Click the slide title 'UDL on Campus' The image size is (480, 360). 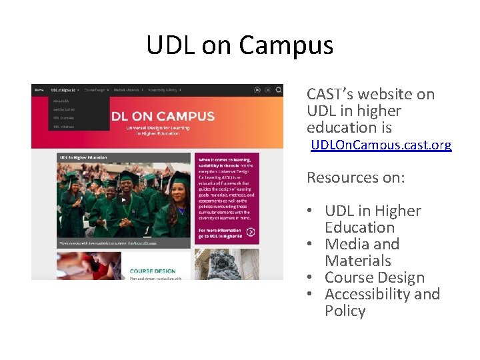(240, 45)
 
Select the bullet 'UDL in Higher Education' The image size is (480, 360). (373, 219)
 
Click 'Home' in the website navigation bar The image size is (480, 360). (39, 89)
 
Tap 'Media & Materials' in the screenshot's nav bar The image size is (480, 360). (127, 89)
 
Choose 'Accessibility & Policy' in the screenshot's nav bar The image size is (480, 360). (163, 89)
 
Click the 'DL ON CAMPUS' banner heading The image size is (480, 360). (163, 116)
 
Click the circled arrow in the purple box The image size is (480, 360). (251, 232)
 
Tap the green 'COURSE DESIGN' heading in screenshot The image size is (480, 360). (153, 271)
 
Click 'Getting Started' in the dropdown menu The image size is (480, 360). (65, 109)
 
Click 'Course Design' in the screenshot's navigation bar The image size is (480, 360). (95, 89)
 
